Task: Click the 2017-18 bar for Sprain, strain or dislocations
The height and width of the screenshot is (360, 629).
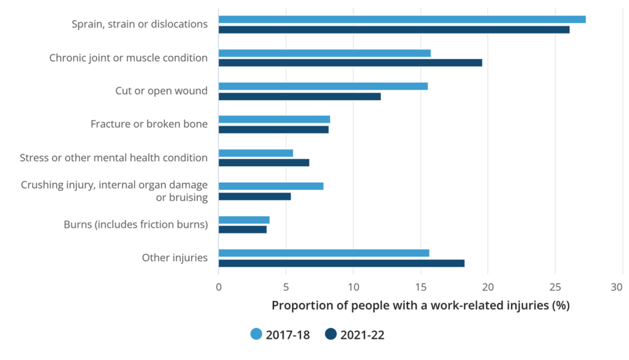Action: point(402,19)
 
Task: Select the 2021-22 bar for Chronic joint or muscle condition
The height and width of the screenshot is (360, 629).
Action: point(350,63)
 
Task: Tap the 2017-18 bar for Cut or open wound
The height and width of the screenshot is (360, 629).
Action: point(323,86)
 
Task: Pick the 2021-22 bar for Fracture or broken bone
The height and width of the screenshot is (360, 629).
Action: point(273,130)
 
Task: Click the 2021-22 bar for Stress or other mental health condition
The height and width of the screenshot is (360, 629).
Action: point(264,163)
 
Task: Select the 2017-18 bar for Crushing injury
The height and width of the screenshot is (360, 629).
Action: point(271,186)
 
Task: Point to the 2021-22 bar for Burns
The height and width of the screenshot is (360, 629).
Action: point(243,230)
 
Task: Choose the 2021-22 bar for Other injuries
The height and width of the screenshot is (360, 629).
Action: point(341,263)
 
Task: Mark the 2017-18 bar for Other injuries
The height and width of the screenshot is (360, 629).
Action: point(323,253)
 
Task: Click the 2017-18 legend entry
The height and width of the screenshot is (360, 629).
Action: point(280,334)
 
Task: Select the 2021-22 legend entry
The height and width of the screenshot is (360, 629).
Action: point(354,334)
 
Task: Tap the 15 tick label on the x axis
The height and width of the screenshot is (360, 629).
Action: point(420,287)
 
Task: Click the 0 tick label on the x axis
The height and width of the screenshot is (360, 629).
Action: point(219,287)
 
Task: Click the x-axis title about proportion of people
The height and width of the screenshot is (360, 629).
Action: point(420,305)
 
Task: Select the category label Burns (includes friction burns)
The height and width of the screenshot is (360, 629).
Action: point(135,225)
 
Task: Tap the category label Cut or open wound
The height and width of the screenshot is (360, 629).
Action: point(161,91)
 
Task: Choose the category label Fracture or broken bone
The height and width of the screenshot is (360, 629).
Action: point(149,124)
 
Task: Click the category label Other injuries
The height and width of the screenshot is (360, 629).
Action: point(175,258)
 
